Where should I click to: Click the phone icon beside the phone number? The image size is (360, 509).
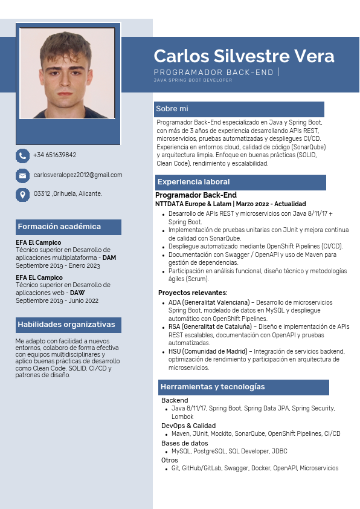[22, 156]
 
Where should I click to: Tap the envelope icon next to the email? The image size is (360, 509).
[22, 176]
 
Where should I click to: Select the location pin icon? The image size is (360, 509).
[22, 195]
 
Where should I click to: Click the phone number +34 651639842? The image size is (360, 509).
[54, 155]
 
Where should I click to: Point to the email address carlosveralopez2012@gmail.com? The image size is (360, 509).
[78, 175]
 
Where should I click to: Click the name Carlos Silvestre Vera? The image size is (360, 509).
[243, 56]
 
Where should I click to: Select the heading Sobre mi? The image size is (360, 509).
[172, 109]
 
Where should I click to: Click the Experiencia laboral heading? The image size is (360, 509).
[193, 182]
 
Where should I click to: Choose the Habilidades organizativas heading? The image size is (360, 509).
[66, 325]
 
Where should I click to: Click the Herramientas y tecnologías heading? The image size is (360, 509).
[213, 387]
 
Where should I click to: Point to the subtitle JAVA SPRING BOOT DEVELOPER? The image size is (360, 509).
[193, 80]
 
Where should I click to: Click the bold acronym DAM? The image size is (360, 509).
[109, 258]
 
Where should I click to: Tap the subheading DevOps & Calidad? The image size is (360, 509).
[188, 426]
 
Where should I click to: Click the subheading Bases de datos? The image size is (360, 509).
[185, 443]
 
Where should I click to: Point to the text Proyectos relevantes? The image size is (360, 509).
[193, 293]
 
